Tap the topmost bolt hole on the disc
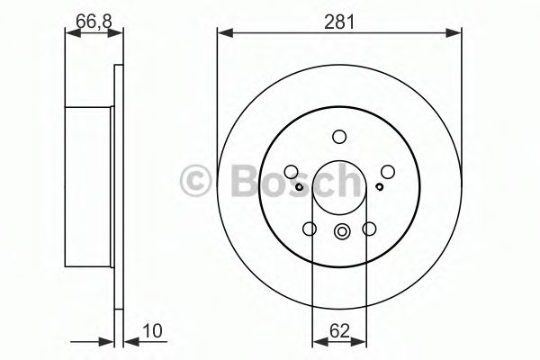(x=339, y=137)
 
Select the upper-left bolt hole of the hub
(x=292, y=172)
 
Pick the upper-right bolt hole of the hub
(x=387, y=172)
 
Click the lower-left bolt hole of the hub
(x=310, y=229)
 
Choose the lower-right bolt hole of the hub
(x=369, y=229)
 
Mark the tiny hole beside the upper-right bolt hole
(x=380, y=186)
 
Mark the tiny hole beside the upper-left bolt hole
(x=299, y=186)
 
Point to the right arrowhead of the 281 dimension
(x=456, y=34)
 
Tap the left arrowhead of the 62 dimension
(x=316, y=341)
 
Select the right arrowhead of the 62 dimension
(x=364, y=341)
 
